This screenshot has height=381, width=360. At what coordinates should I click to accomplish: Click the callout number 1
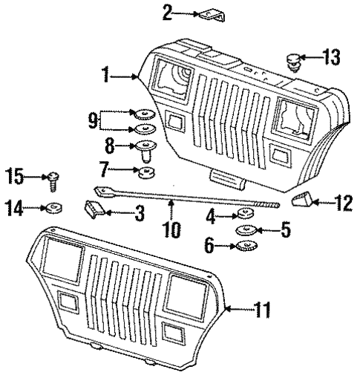pos(108,74)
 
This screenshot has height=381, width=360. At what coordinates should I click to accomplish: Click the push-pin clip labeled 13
pos(292,61)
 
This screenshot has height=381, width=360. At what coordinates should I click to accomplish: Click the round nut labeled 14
pos(54,207)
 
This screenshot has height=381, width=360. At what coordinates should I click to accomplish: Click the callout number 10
pos(171,223)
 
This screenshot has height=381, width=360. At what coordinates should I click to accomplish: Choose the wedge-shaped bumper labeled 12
pos(301,199)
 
